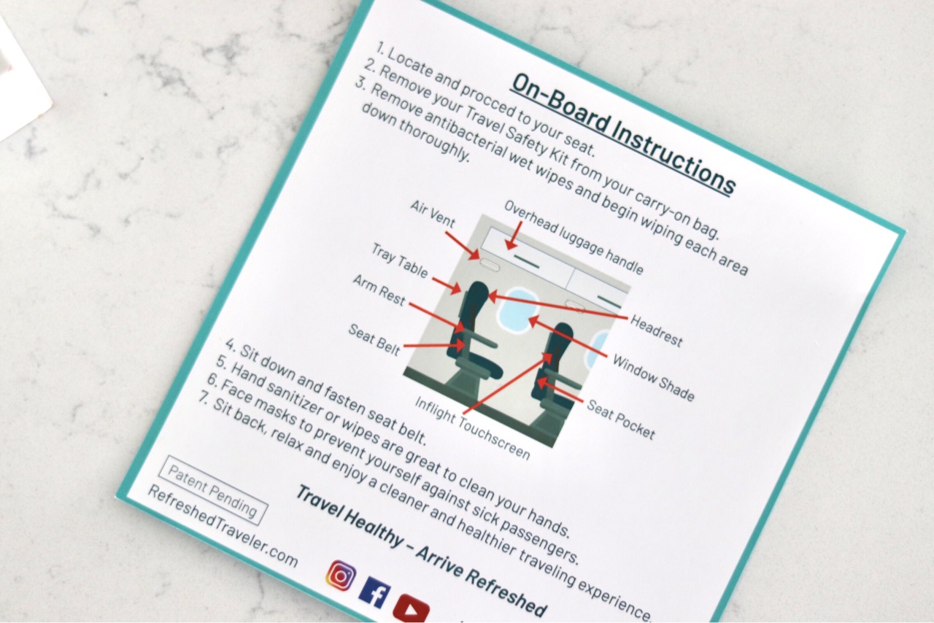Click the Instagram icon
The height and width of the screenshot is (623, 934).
(341, 576)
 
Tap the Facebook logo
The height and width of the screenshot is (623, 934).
(375, 592)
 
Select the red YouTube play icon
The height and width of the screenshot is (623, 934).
(411, 609)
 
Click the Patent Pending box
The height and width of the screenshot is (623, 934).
(213, 490)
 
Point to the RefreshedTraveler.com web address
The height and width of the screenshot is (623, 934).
(223, 526)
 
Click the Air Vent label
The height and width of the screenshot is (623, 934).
(433, 214)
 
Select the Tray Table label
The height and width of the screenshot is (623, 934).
(400, 260)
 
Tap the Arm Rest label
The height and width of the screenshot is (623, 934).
(379, 290)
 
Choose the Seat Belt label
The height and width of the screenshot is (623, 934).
(374, 340)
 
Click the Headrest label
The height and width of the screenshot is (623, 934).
(656, 331)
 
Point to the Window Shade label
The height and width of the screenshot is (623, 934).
(653, 378)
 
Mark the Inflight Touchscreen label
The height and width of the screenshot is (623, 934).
(472, 428)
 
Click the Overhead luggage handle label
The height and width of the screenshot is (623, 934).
(574, 237)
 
